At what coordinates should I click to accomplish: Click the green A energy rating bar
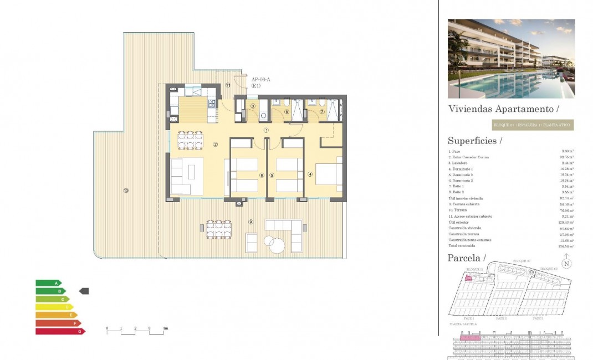point(48,283)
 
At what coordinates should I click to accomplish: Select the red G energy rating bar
point(60,331)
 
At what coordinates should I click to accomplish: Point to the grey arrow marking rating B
point(84,291)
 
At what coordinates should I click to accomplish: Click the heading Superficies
point(474,141)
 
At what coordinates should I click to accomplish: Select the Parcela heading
point(466,258)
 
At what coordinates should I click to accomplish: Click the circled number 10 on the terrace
point(126,191)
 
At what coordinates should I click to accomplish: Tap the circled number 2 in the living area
point(215,145)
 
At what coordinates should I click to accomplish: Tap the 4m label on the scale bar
point(165,329)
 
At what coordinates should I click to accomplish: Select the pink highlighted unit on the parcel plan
point(468,278)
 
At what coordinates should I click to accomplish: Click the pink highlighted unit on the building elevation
point(470,337)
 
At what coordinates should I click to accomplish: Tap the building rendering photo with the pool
point(511,59)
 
